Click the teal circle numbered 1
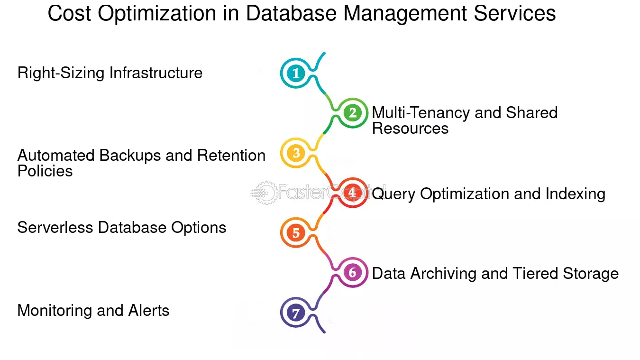[296, 73]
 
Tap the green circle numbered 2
[353, 113]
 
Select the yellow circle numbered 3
[296, 153]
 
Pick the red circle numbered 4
[353, 193]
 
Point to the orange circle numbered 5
[296, 233]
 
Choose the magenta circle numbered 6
[353, 273]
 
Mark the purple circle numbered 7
[296, 313]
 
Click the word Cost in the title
[69, 13]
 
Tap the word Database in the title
[292, 13]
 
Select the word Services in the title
[514, 13]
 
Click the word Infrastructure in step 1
[156, 73]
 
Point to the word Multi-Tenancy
[421, 113]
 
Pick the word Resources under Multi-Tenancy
[410, 128]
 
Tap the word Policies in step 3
[45, 171]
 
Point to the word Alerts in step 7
[148, 311]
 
